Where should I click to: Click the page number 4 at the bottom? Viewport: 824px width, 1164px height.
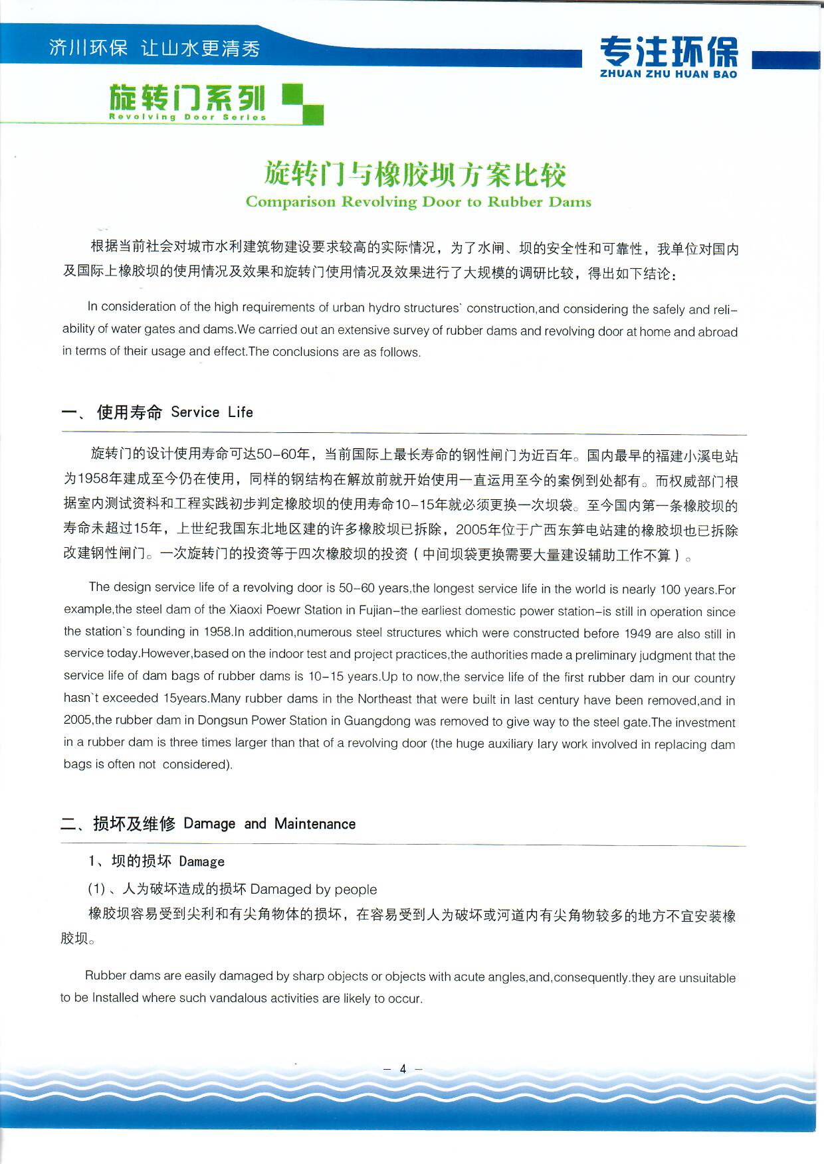[x=403, y=1069]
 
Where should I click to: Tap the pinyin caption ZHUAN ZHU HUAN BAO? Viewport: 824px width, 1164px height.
[x=669, y=74]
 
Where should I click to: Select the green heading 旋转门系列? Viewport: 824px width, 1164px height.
[x=187, y=98]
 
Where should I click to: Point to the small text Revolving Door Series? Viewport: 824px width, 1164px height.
[x=187, y=118]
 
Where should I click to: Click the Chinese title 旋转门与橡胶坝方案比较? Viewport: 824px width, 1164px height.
[x=415, y=174]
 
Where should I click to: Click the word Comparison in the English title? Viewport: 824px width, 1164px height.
[x=290, y=202]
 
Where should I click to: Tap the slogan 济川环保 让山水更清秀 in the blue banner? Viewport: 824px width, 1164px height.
[x=154, y=48]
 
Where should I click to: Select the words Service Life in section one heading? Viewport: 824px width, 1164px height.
[x=212, y=412]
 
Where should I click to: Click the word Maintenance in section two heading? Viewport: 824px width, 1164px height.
[x=315, y=824]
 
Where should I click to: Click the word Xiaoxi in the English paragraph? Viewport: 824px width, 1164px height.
[x=247, y=610]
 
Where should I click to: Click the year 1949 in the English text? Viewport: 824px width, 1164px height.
[x=637, y=633]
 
